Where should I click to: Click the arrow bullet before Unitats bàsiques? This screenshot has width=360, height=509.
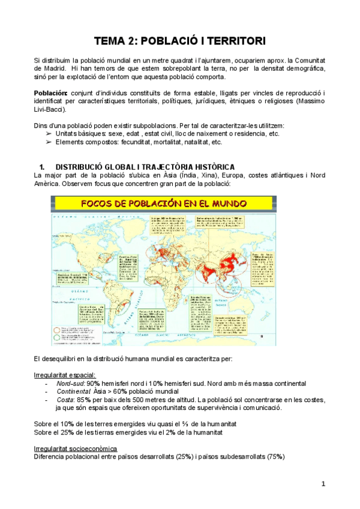point(49,133)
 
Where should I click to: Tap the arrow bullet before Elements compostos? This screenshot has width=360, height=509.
point(49,142)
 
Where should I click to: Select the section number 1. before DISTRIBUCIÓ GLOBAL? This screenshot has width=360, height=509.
point(42,166)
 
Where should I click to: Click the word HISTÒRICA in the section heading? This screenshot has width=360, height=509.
point(212,166)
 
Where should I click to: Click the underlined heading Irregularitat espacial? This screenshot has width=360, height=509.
point(61,375)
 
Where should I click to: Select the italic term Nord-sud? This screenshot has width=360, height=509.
point(71,383)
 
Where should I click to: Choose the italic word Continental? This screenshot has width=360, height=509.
point(76,391)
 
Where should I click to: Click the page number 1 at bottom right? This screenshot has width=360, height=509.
point(323,483)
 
